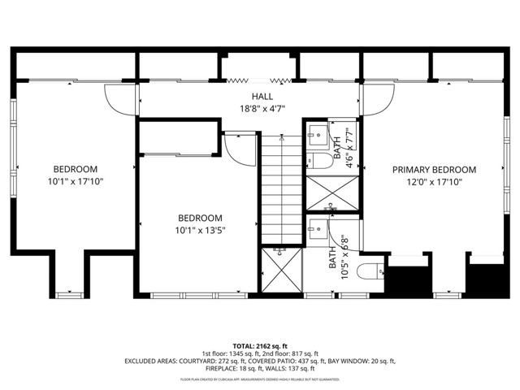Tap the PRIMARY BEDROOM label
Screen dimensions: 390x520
tap(434, 170)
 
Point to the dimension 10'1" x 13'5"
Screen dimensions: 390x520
tap(200, 230)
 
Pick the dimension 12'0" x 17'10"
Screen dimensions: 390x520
tap(434, 182)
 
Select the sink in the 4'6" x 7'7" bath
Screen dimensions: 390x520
tap(316, 135)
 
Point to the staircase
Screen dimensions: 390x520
tap(279, 187)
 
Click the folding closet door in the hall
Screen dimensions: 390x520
tap(258, 80)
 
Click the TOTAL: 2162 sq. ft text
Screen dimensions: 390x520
tap(259, 346)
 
